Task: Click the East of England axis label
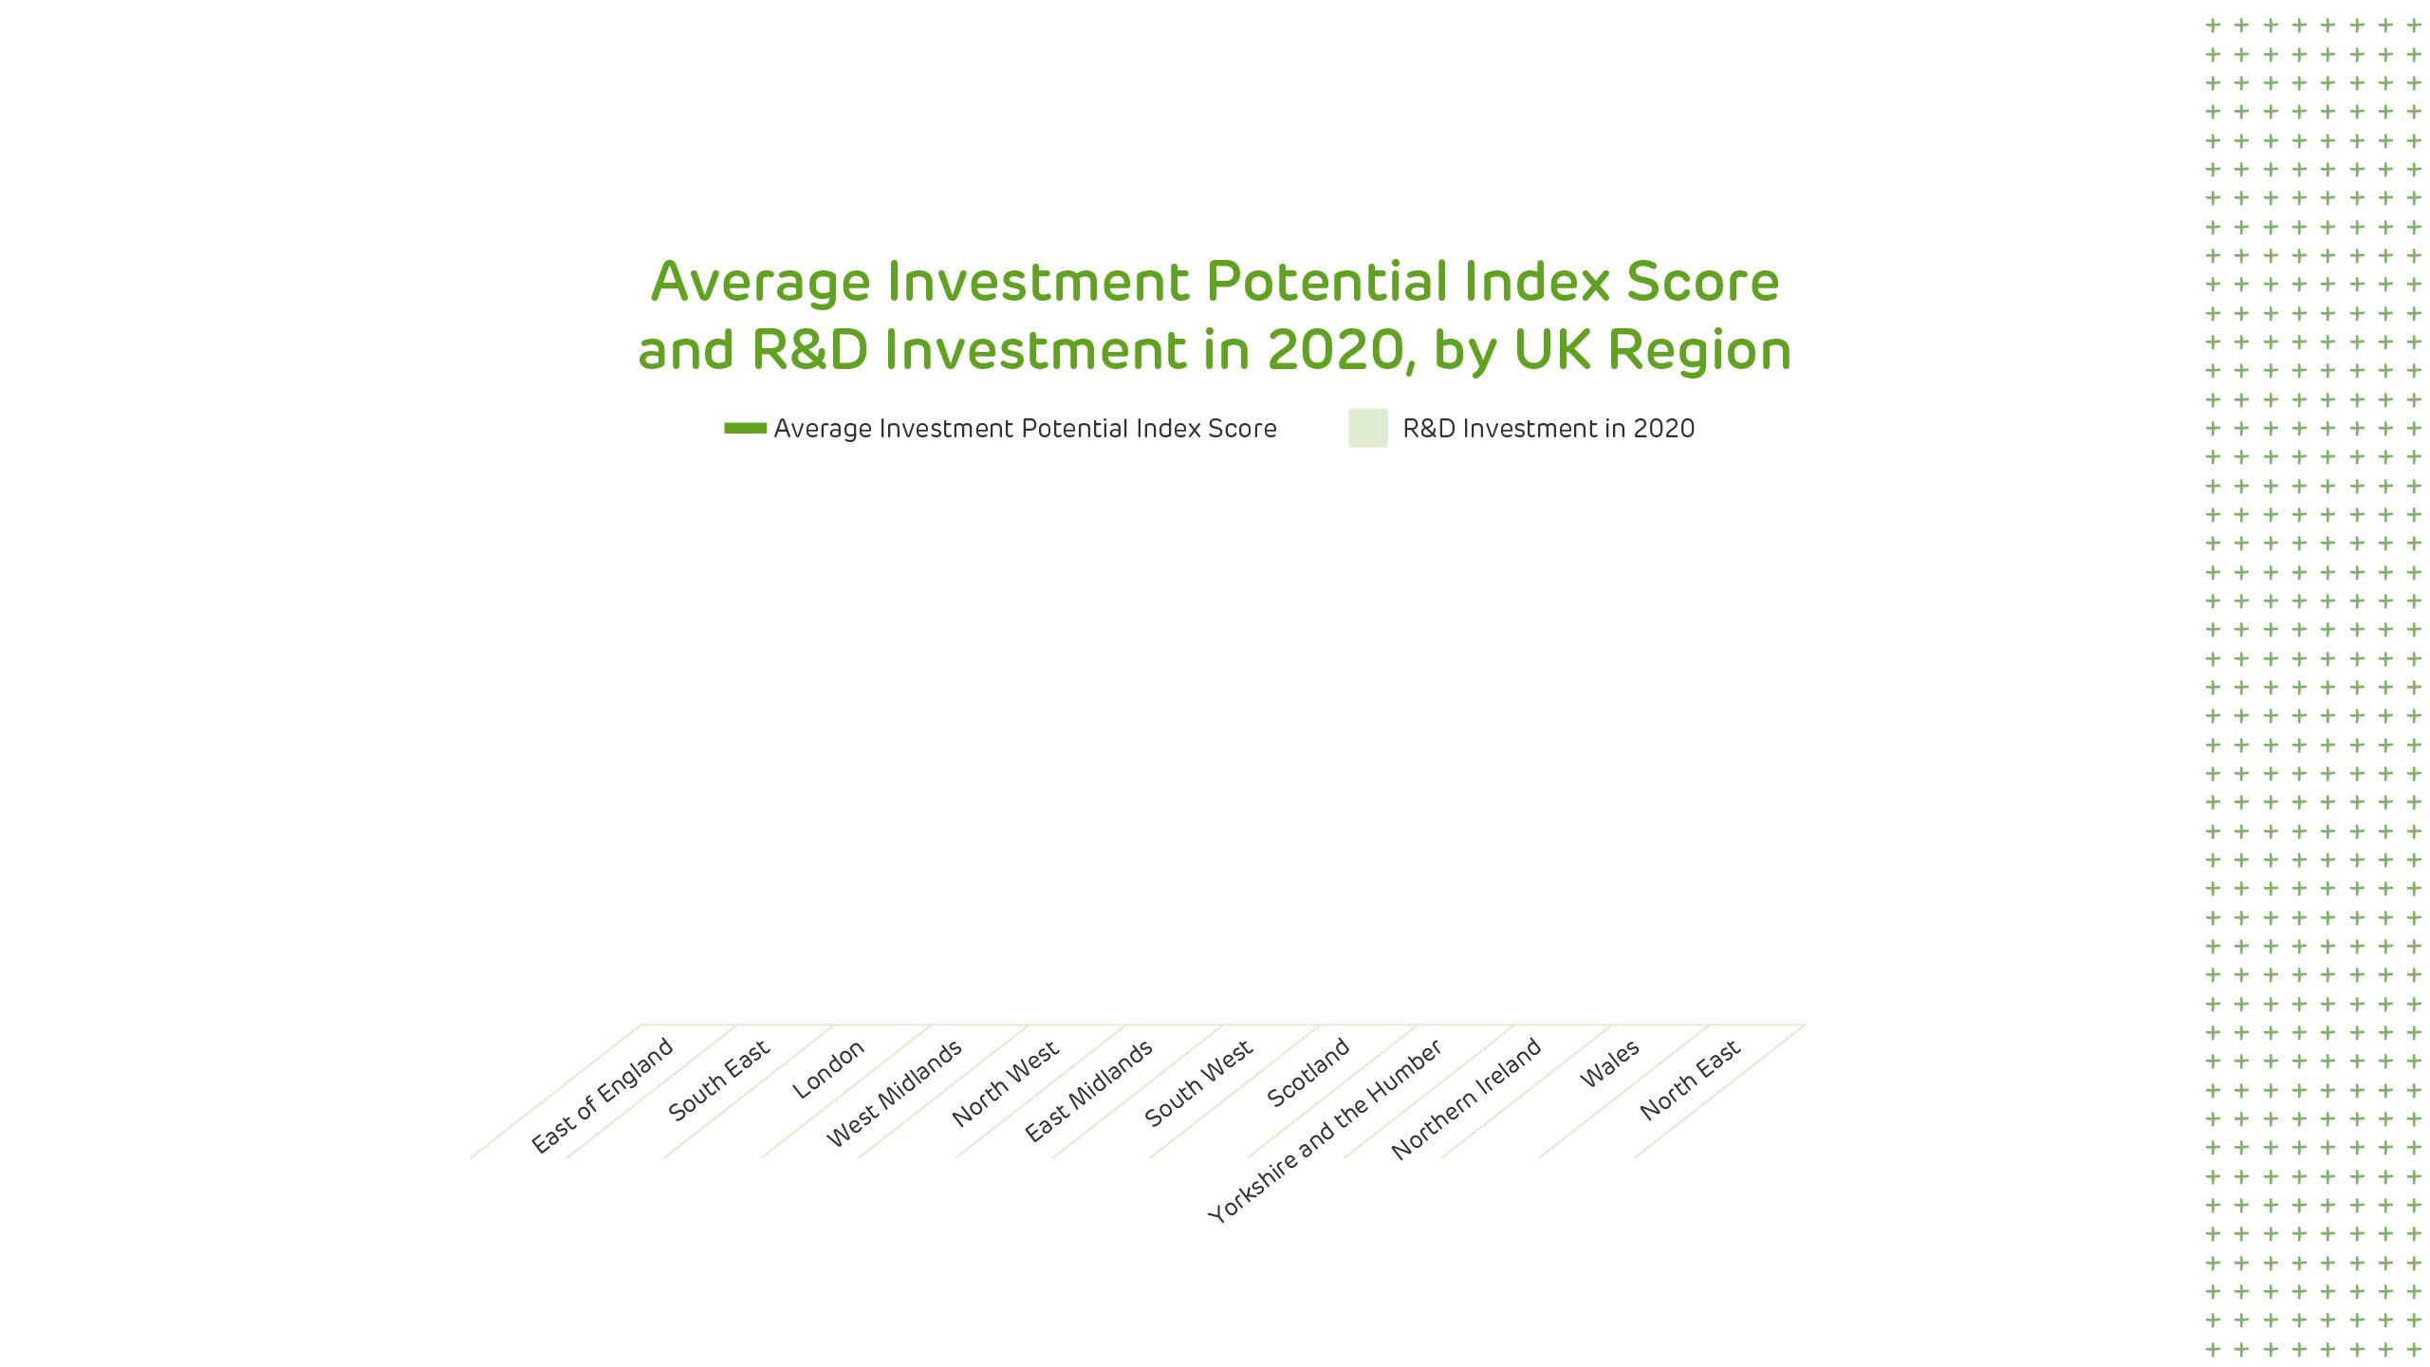(x=602, y=1096)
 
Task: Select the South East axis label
(x=719, y=1081)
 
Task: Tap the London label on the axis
(x=828, y=1069)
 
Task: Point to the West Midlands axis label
(x=894, y=1093)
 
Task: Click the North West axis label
(x=1005, y=1083)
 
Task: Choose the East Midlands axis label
(x=1088, y=1090)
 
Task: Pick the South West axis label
(x=1198, y=1083)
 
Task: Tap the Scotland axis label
(x=1308, y=1072)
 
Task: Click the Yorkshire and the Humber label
(x=1325, y=1131)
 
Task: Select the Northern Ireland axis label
(x=1466, y=1099)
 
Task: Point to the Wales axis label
(x=1609, y=1064)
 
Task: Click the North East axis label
(x=1690, y=1081)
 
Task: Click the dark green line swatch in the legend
(x=745, y=428)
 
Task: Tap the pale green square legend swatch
(x=1368, y=428)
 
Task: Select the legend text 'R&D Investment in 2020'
(x=1549, y=429)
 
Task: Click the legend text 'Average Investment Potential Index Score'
(x=1025, y=429)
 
